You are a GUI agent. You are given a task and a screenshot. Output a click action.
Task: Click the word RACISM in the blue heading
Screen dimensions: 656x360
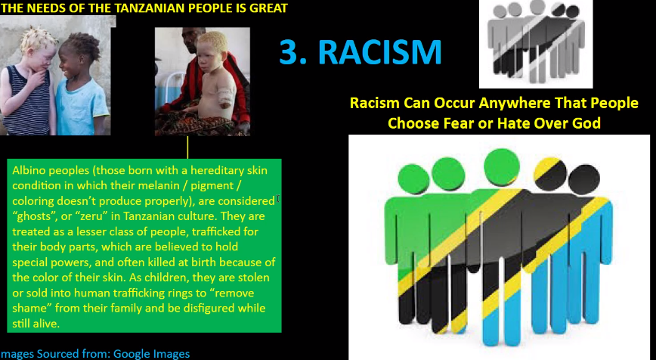[379, 52]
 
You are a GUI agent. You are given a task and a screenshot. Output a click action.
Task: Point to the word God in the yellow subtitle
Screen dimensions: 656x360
[588, 123]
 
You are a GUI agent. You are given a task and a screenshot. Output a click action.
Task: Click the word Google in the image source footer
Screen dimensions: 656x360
[132, 354]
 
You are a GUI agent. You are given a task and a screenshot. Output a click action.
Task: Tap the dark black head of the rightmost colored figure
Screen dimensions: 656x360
[584, 178]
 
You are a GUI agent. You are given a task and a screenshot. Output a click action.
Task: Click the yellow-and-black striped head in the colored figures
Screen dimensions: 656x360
[550, 174]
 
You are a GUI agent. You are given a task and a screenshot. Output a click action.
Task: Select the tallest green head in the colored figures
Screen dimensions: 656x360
[502, 167]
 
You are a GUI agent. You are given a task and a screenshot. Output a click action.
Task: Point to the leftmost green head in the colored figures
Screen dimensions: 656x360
[413, 179]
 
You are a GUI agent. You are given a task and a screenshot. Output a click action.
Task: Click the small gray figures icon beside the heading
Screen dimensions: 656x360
[536, 44]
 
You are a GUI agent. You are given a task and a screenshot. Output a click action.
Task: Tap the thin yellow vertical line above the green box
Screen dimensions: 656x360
[187, 147]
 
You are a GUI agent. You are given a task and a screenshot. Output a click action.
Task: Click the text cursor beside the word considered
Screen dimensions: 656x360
[278, 199]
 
